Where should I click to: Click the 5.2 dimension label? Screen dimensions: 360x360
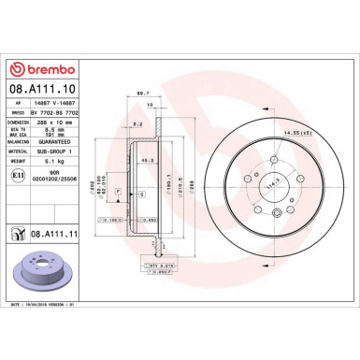(137, 122)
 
